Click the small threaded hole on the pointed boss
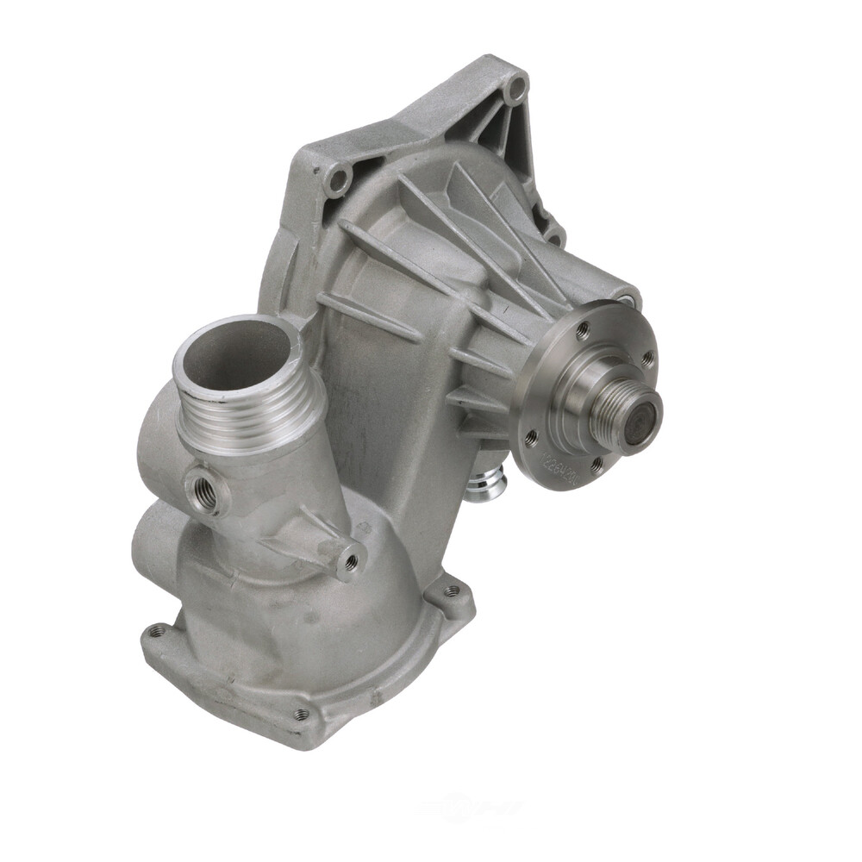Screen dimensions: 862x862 point(350,562)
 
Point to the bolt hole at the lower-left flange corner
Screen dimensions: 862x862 point(157,631)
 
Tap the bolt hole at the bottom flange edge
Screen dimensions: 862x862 point(300,714)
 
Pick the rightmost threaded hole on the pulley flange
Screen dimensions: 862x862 point(647,355)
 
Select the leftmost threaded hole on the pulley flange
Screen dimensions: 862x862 point(531,436)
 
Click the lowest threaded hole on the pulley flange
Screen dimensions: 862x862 point(595,466)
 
